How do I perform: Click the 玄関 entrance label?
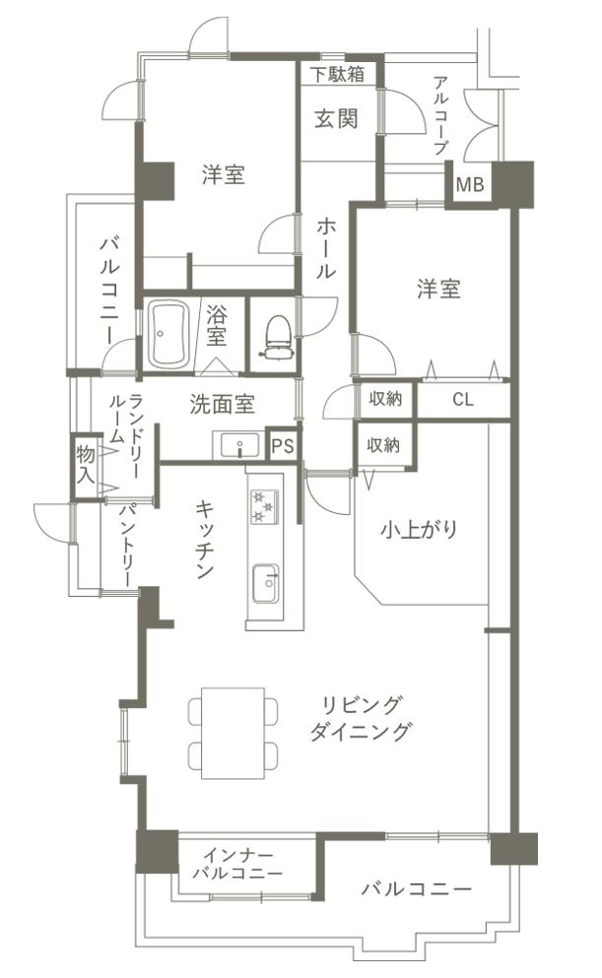click(337, 118)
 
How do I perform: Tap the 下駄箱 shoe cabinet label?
click(338, 74)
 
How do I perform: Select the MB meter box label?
click(470, 184)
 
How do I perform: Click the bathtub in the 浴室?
click(168, 334)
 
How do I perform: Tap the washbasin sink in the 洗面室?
click(240, 446)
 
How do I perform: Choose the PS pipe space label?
click(282, 446)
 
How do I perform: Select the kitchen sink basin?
click(266, 584)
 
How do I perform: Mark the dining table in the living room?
click(233, 733)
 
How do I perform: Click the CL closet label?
click(463, 400)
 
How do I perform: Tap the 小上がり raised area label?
click(419, 530)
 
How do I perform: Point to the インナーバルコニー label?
click(237, 863)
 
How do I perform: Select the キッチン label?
click(205, 540)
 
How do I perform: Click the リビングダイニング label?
click(362, 718)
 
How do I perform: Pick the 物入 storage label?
click(86, 464)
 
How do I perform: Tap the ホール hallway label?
click(326, 247)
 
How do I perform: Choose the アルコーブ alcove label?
click(441, 115)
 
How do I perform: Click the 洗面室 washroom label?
click(222, 405)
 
